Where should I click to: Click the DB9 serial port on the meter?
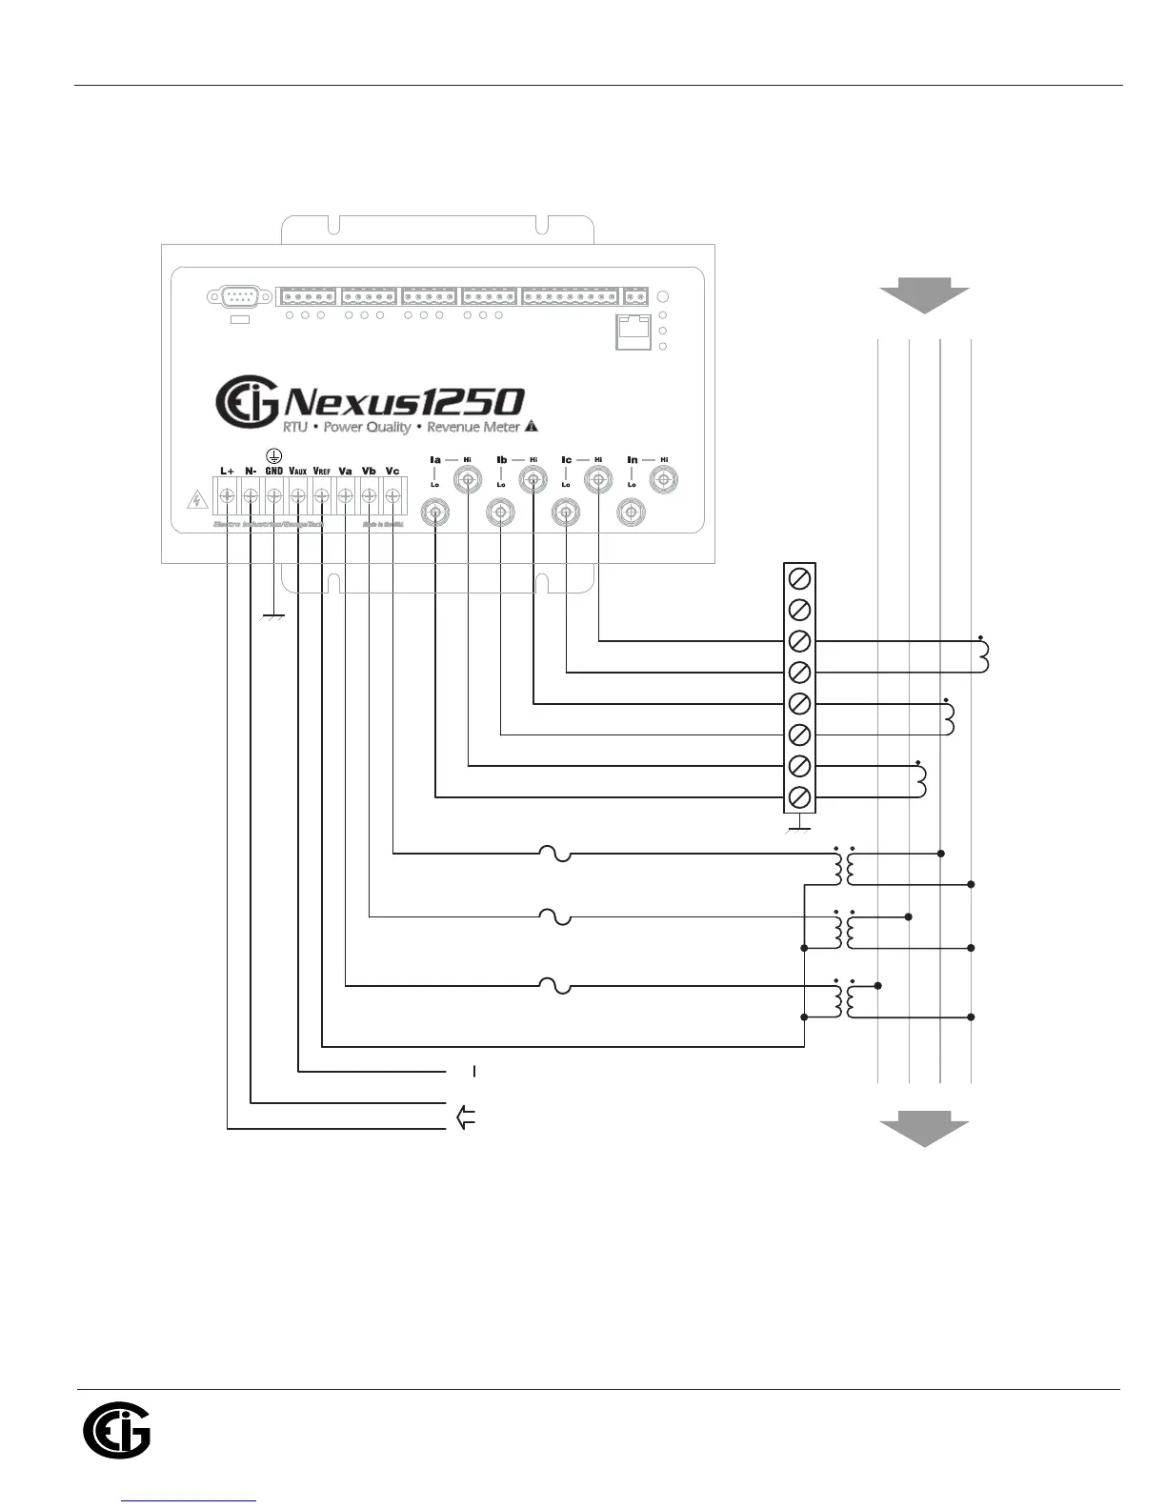click(231, 297)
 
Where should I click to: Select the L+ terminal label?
click(227, 471)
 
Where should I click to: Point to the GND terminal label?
click(273, 471)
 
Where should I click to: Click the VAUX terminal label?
click(297, 471)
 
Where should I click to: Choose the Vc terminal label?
click(392, 471)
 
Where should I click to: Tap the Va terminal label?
click(345, 471)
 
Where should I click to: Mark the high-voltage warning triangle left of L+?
click(196, 499)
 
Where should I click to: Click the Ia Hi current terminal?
click(468, 481)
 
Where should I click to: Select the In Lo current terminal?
click(630, 513)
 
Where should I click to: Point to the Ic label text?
click(567, 460)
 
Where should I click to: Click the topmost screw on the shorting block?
click(800, 577)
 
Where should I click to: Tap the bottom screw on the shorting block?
click(800, 796)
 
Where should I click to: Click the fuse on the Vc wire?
click(555, 854)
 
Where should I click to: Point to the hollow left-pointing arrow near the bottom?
click(466, 1117)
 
